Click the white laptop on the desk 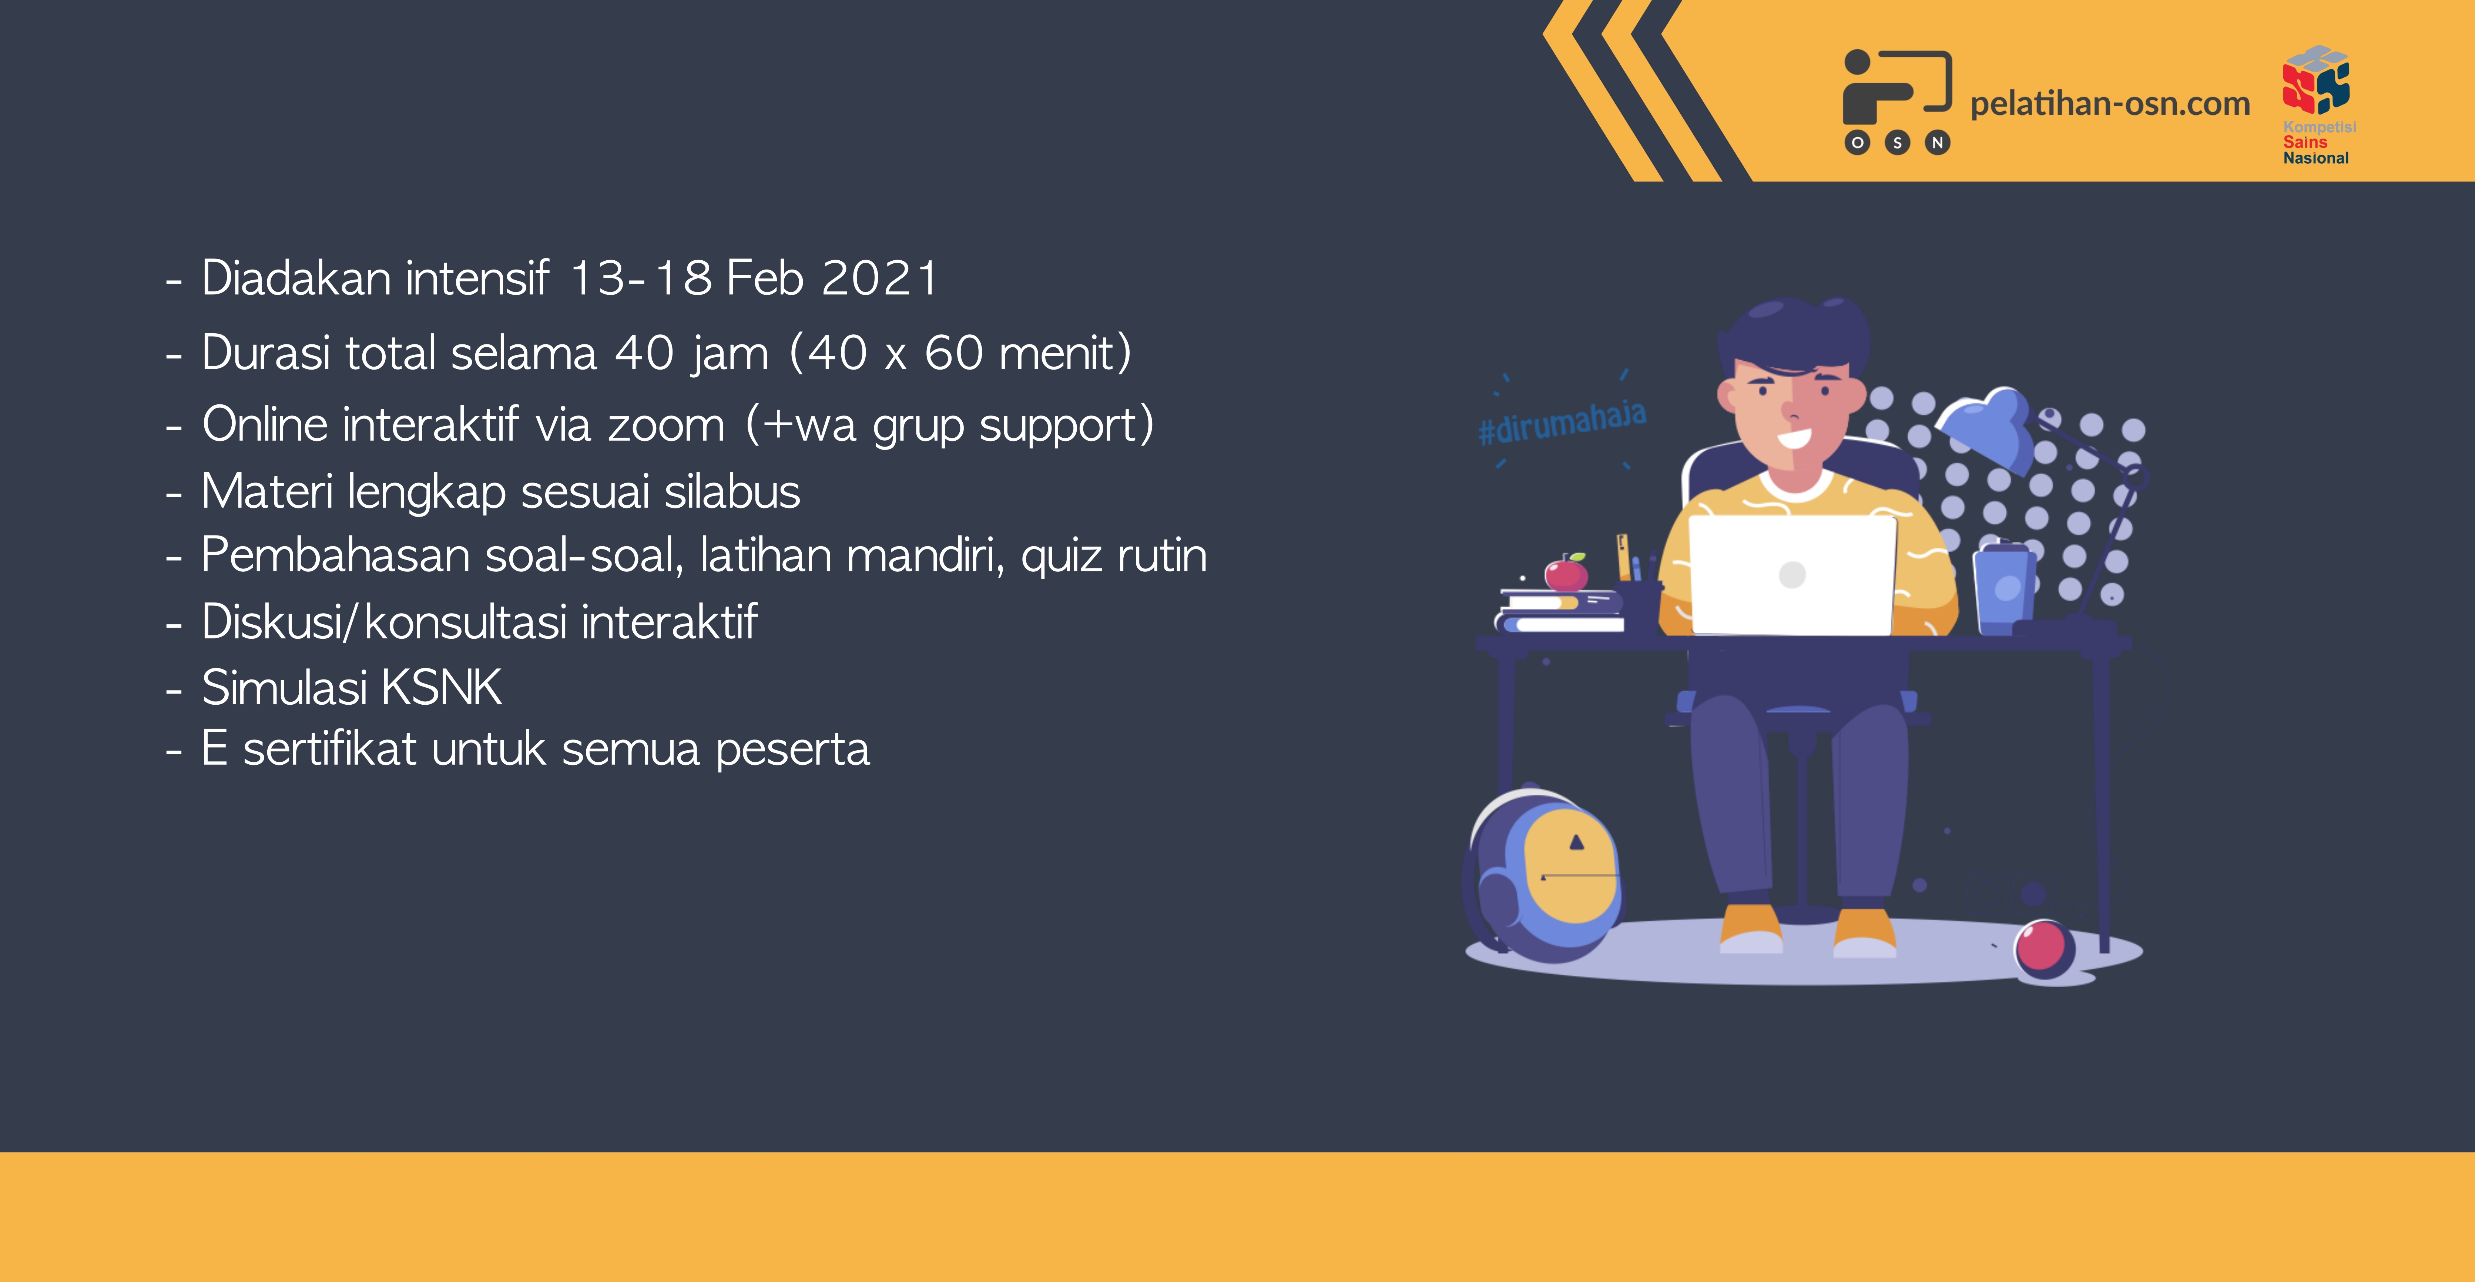[1792, 575]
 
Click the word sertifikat [329, 749]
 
